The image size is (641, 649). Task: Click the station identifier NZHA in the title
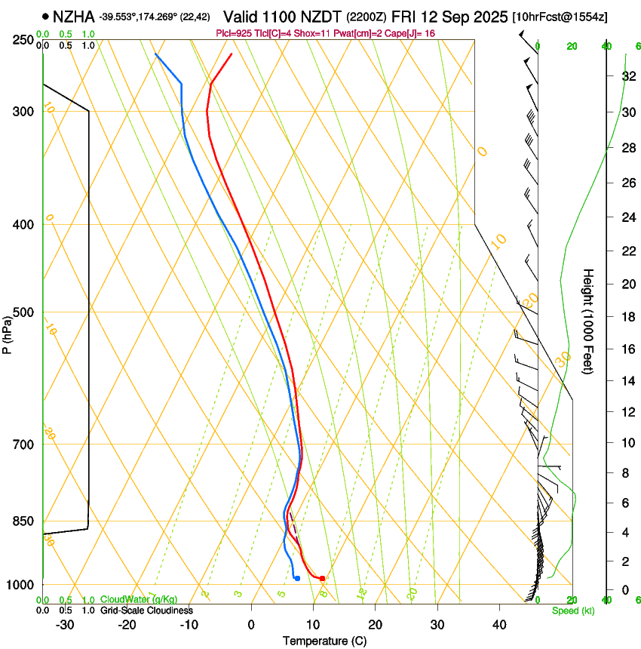[74, 15]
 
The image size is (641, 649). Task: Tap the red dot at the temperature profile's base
[322, 578]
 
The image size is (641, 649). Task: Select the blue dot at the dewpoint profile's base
[297, 578]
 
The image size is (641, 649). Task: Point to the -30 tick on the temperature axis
[65, 624]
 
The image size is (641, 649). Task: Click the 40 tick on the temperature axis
[499, 624]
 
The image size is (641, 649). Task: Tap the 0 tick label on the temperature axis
[251, 624]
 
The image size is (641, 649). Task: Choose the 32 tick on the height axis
[627, 76]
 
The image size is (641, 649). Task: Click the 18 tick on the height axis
[627, 317]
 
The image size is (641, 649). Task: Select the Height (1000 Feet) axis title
[588, 321]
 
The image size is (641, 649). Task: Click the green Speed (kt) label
[572, 611]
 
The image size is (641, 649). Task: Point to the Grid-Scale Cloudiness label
[146, 611]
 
